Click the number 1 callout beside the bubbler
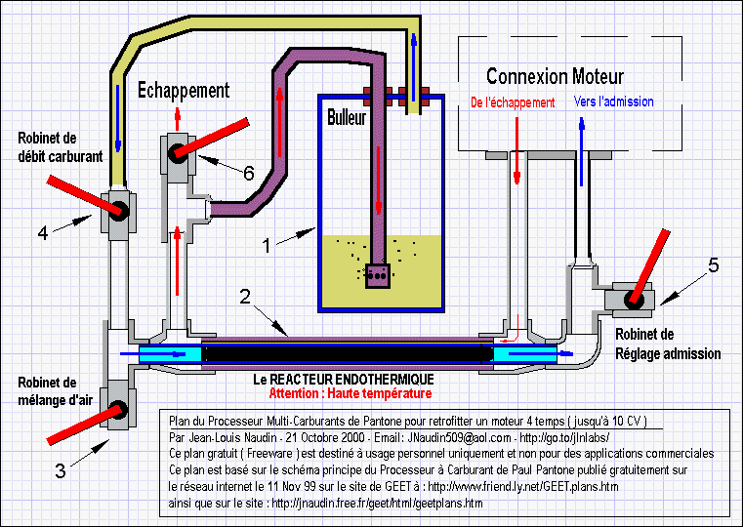[x=267, y=245]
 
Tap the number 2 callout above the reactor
[x=245, y=297]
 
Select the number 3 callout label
[x=61, y=470]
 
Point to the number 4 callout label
[x=43, y=232]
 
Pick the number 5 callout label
[x=713, y=265]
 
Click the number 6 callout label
[x=248, y=173]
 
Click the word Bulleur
[x=347, y=117]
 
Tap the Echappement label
[x=184, y=91]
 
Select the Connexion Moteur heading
[x=555, y=76]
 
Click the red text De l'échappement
[x=513, y=102]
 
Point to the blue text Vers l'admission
[x=614, y=101]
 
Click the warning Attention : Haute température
[x=351, y=393]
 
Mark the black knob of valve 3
[x=117, y=410]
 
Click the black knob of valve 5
[x=634, y=300]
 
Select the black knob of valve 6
[x=178, y=153]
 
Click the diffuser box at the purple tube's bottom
[x=378, y=275]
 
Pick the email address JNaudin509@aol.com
[x=459, y=437]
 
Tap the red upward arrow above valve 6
[x=178, y=119]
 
